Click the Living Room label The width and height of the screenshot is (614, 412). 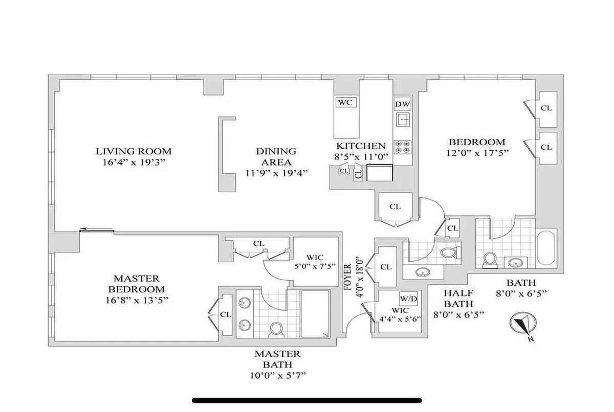pyautogui.click(x=134, y=151)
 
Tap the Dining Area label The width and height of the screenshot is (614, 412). pyautogui.click(x=276, y=156)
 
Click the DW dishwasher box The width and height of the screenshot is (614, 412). pyautogui.click(x=403, y=104)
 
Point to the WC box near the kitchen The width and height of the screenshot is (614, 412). pyautogui.click(x=345, y=102)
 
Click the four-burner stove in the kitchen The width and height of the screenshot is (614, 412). pyautogui.click(x=403, y=147)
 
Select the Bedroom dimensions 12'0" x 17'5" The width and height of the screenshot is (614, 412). pyautogui.click(x=477, y=152)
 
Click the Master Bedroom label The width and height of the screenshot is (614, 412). pyautogui.click(x=136, y=284)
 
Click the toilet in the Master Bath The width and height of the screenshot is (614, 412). pyautogui.click(x=276, y=328)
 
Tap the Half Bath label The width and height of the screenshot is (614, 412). pyautogui.click(x=458, y=299)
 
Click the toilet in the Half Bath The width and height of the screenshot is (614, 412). pyautogui.click(x=448, y=253)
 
